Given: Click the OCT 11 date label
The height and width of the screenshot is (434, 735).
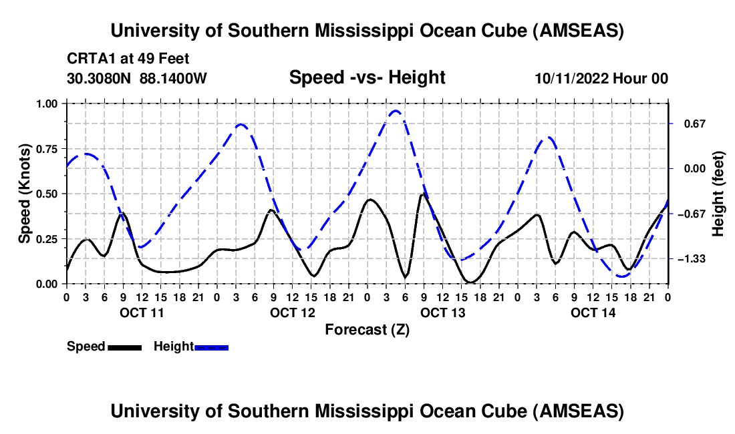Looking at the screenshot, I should click(x=142, y=312).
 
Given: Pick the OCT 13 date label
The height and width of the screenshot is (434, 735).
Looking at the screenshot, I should click(x=442, y=312).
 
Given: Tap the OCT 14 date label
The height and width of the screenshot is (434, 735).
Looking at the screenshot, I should click(x=593, y=312).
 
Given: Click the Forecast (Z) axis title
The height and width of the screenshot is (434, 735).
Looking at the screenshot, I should click(x=367, y=329).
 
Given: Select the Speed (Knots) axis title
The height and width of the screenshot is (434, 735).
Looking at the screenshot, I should click(x=25, y=194).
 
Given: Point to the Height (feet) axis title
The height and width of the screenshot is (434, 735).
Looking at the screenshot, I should click(x=718, y=194).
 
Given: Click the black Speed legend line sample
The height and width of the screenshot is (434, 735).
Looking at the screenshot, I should click(x=124, y=347).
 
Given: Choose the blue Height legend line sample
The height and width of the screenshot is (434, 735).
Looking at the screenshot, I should click(x=211, y=347).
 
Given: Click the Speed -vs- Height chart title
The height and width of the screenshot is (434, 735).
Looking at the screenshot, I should click(x=367, y=77).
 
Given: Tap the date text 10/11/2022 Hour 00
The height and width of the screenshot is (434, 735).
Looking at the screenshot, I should click(x=601, y=78).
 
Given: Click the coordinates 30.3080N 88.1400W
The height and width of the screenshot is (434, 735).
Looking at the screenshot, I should click(x=137, y=78).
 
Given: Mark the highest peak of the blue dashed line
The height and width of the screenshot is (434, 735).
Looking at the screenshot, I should click(x=396, y=111).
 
